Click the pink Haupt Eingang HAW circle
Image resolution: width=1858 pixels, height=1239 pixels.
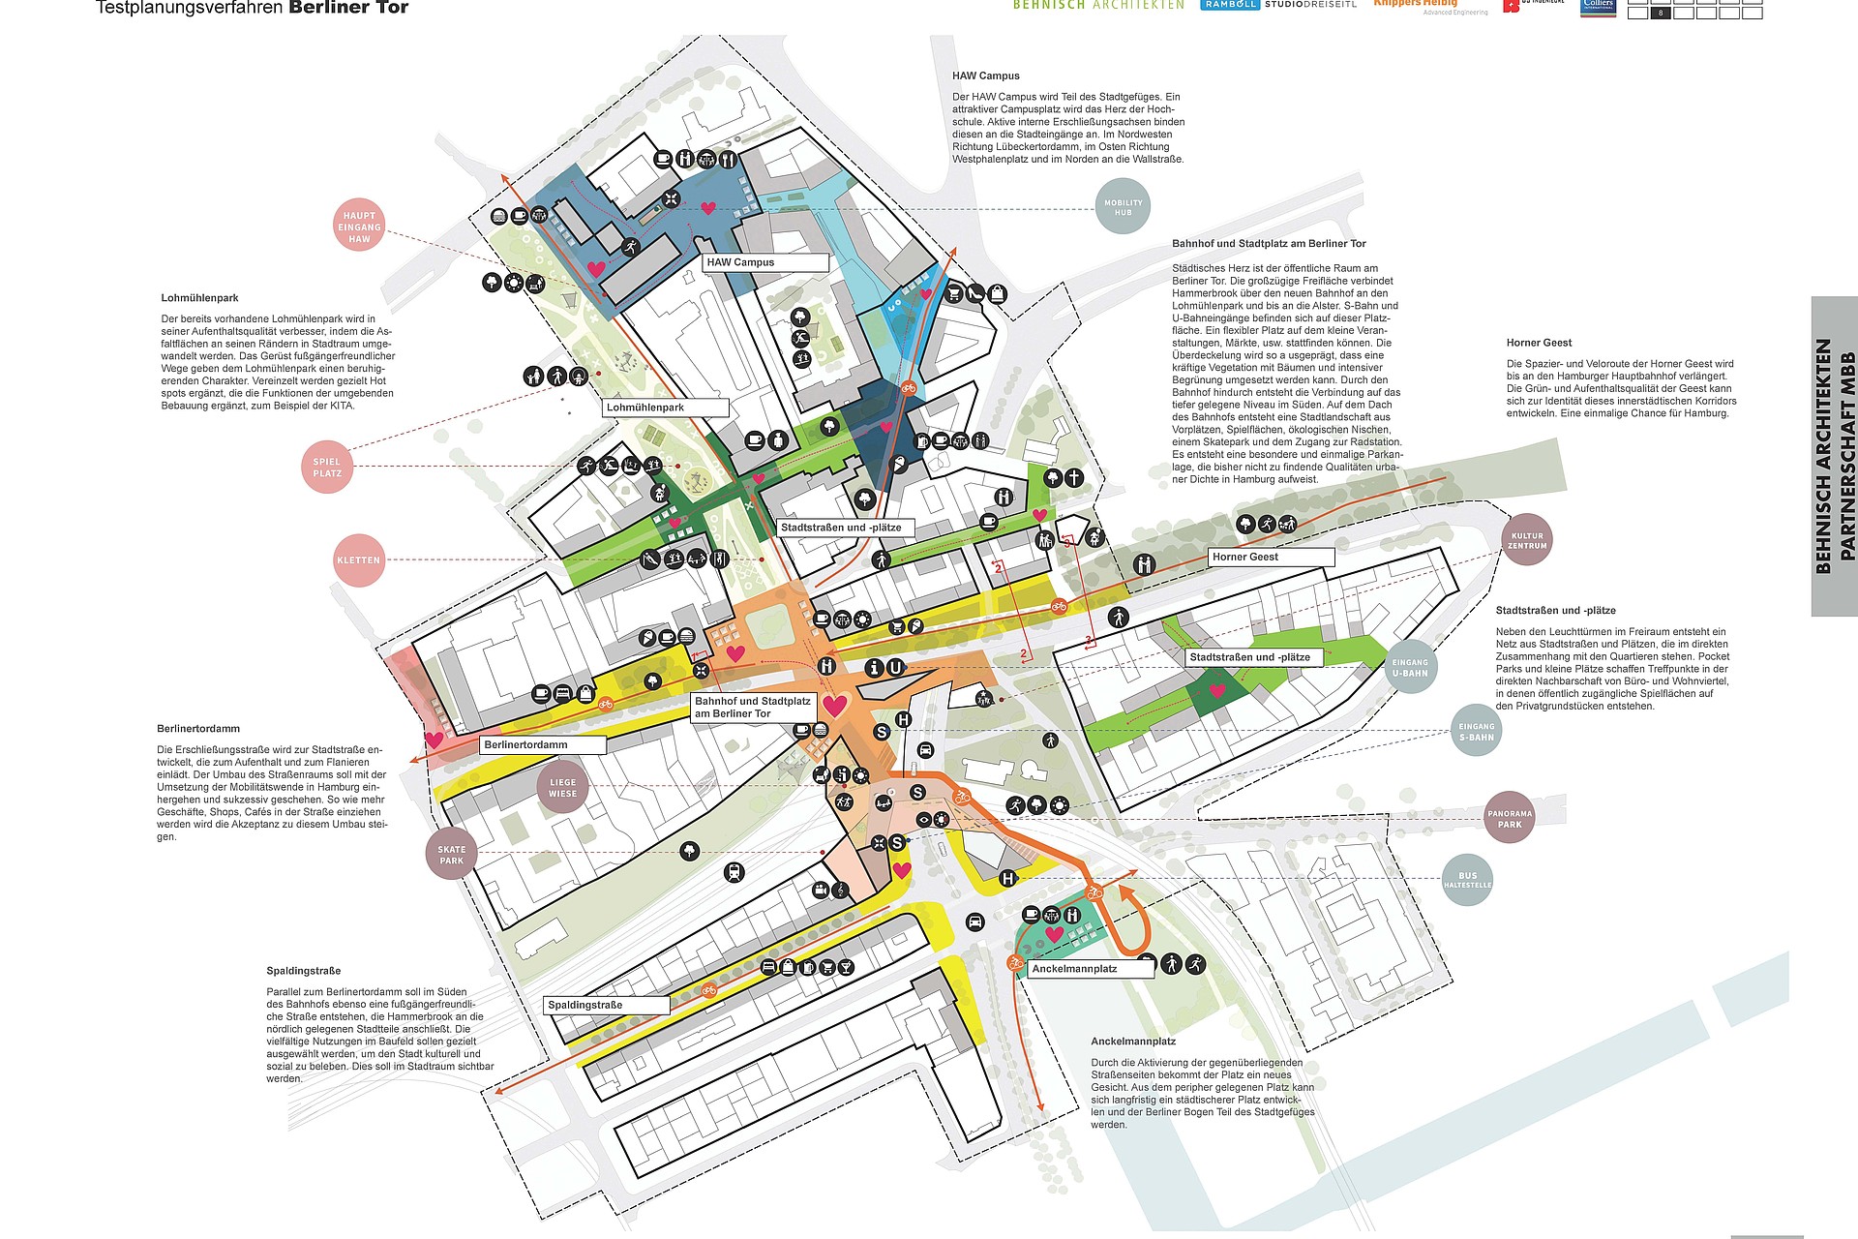point(359,227)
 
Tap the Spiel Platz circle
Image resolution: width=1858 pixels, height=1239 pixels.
point(327,468)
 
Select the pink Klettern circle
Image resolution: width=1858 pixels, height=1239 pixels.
point(359,560)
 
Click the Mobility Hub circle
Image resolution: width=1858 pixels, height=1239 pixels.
point(1123,207)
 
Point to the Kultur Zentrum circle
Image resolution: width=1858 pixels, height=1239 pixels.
point(1527,540)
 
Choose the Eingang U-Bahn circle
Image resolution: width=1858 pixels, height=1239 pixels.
point(1410,667)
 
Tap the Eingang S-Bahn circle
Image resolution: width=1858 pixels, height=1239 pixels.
point(1476,732)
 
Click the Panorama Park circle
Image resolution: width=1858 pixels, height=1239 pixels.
point(1510,819)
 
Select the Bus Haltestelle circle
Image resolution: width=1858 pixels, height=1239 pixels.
point(1467,880)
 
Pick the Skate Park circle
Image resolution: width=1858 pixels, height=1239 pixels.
point(451,855)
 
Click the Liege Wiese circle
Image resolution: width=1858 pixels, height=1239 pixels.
point(562,788)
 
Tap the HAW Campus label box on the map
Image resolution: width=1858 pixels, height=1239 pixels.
point(765,262)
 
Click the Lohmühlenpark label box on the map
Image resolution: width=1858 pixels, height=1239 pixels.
point(666,408)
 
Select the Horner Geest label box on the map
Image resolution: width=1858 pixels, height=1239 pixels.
point(1271,557)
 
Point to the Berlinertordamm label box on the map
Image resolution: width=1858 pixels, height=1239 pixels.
point(543,745)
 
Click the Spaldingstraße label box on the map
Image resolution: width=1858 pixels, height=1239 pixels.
point(607,1005)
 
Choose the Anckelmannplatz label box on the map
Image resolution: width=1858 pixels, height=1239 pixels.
point(1091,969)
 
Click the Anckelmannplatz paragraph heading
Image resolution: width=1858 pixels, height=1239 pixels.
point(1133,1042)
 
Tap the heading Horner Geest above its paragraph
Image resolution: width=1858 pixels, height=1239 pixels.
point(1539,343)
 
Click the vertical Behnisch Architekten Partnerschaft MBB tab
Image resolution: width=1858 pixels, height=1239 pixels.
point(1835,456)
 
